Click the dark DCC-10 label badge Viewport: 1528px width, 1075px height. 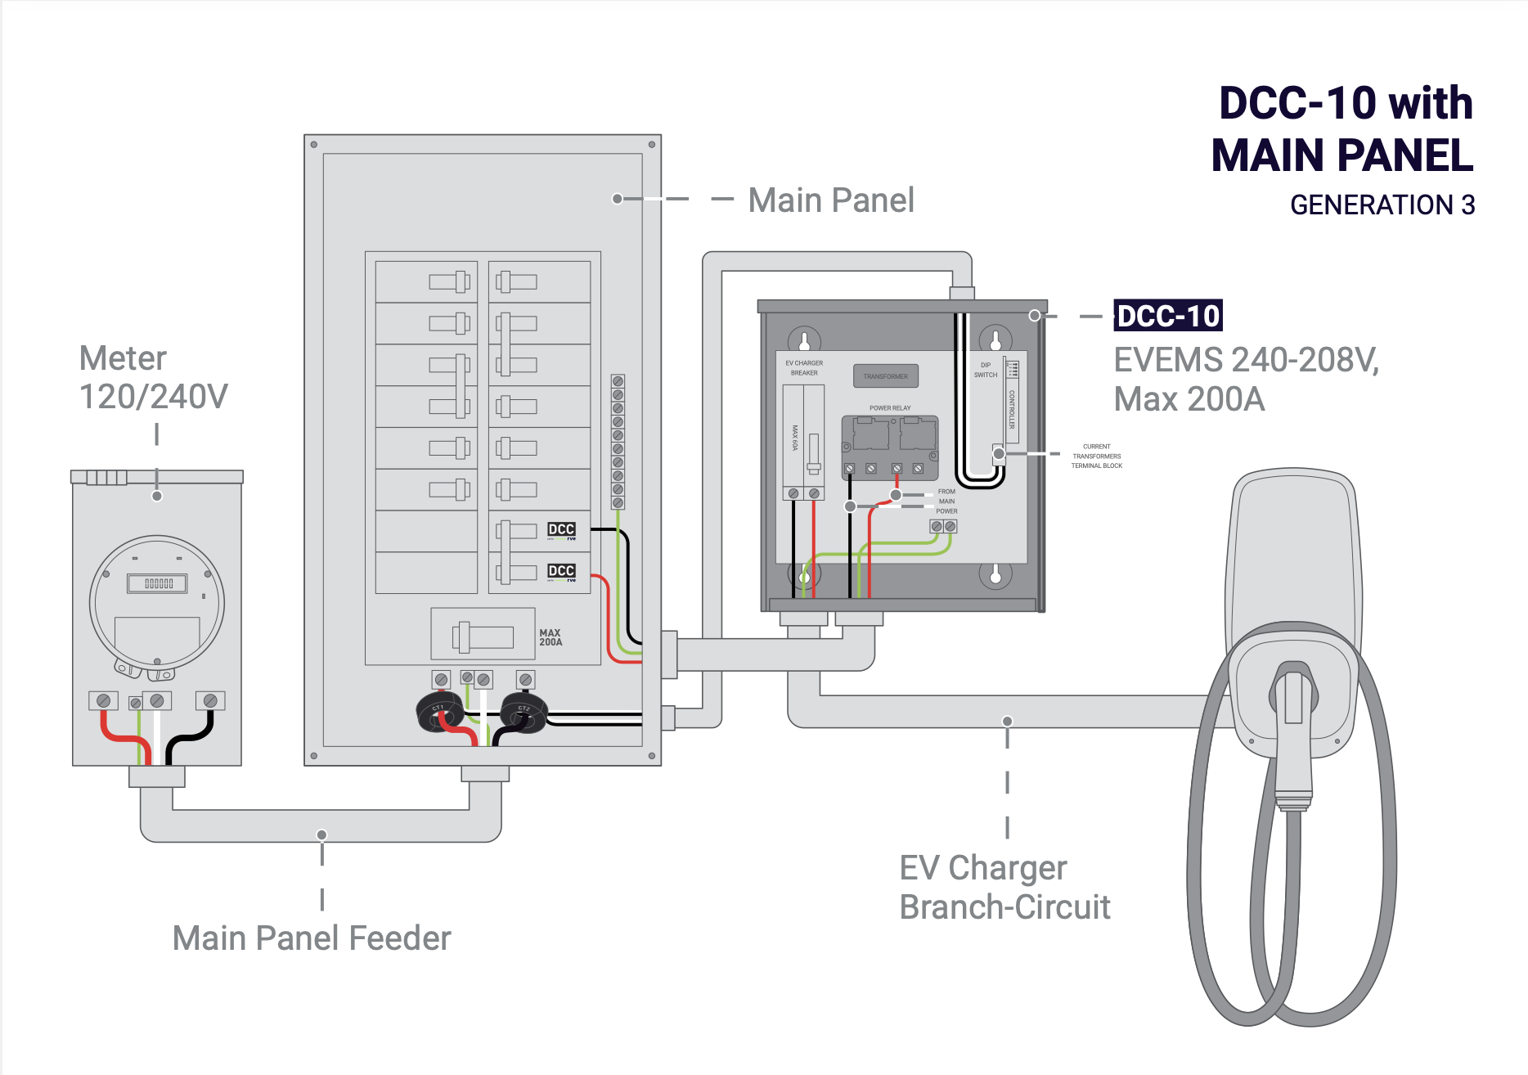coord(1167,316)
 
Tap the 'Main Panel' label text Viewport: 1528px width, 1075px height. coord(830,200)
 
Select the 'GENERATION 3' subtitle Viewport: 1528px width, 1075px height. coord(1382,205)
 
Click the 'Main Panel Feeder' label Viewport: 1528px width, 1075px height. coord(312,938)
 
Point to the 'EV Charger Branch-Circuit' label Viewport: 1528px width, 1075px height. coord(1004,888)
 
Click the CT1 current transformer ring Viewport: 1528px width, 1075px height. coord(440,713)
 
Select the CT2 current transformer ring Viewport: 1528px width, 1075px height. coord(524,713)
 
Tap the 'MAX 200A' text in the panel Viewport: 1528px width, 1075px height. coord(551,637)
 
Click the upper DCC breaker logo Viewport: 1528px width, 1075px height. coord(561,529)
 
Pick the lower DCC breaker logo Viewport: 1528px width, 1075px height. coord(561,571)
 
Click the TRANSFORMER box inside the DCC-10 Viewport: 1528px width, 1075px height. coord(885,376)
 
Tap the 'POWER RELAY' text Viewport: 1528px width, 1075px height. coord(890,407)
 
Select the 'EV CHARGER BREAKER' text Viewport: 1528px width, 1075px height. coord(804,367)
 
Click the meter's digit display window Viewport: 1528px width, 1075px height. coord(157,583)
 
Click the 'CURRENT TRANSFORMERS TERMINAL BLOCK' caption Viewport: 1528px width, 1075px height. coord(1097,457)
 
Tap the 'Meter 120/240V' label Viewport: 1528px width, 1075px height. coord(153,378)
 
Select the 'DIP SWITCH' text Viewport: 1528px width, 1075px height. coord(986,370)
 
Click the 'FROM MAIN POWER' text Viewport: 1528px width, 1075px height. coord(946,502)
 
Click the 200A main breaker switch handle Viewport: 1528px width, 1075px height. coord(464,637)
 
